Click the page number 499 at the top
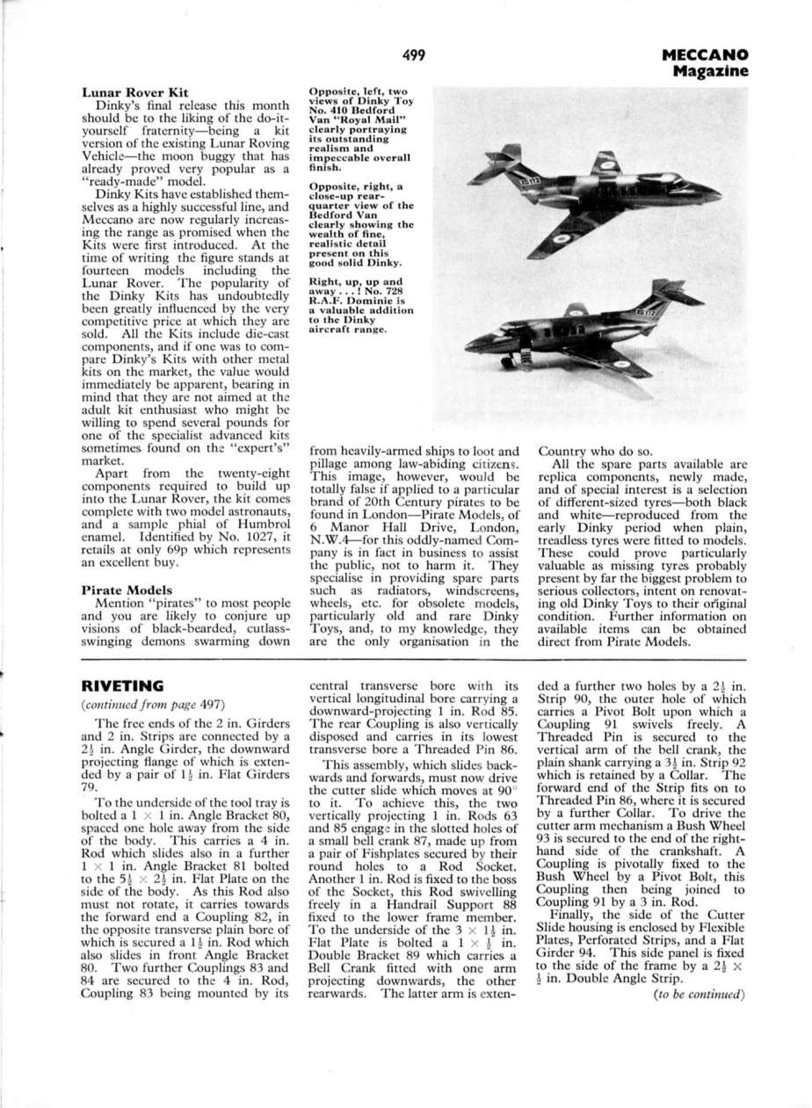click(414, 55)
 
